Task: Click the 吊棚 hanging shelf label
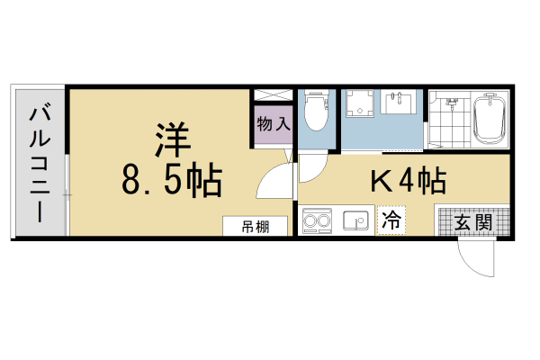[256, 226]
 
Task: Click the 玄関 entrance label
[472, 220]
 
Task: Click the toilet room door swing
[310, 166]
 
